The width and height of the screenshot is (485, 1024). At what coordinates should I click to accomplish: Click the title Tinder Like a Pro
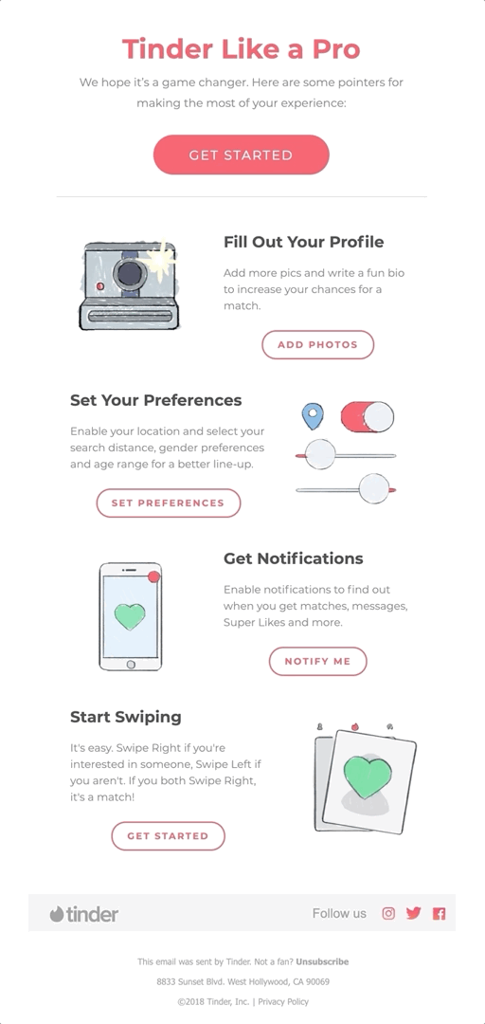pyautogui.click(x=242, y=49)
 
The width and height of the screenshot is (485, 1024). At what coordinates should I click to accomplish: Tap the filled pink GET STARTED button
pyautogui.click(x=242, y=155)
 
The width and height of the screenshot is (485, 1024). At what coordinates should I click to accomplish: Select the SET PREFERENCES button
pyautogui.click(x=169, y=503)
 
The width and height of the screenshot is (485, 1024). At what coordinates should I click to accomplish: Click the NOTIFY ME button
pyautogui.click(x=317, y=661)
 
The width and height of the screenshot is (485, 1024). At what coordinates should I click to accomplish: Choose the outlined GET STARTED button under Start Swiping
pyautogui.click(x=169, y=835)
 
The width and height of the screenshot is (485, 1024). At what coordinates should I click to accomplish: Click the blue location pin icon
pyautogui.click(x=312, y=415)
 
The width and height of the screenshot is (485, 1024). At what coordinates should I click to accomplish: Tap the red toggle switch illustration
pyautogui.click(x=367, y=415)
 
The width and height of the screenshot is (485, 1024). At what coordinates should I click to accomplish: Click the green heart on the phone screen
pyautogui.click(x=130, y=616)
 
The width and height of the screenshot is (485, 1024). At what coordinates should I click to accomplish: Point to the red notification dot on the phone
pyautogui.click(x=154, y=576)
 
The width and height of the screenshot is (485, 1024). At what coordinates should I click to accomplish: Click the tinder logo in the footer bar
pyautogui.click(x=84, y=914)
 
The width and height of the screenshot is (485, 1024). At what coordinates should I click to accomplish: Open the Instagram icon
pyautogui.click(x=388, y=913)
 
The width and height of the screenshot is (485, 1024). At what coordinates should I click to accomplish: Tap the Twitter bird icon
pyautogui.click(x=413, y=913)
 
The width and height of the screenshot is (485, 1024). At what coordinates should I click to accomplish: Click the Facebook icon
pyautogui.click(x=439, y=913)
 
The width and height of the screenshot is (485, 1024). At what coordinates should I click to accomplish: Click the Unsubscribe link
pyautogui.click(x=322, y=961)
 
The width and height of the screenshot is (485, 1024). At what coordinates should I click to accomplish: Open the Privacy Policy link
pyautogui.click(x=283, y=1001)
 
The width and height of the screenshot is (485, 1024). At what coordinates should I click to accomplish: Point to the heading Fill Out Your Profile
pyautogui.click(x=303, y=242)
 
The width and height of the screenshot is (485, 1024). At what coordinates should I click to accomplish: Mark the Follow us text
pyautogui.click(x=339, y=913)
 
